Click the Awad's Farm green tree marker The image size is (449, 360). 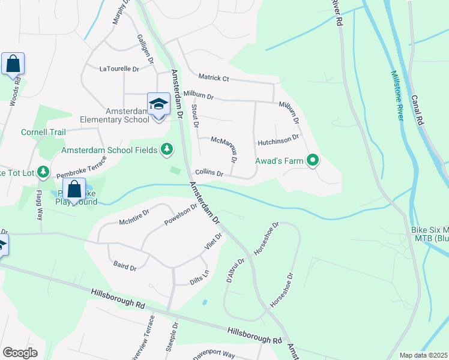pyautogui.click(x=312, y=160)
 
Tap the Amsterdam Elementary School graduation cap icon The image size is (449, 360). pyautogui.click(x=158, y=104)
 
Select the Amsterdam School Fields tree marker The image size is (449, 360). pyautogui.click(x=167, y=149)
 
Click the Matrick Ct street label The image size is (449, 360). pyautogui.click(x=214, y=78)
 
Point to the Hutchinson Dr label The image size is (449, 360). pyautogui.click(x=278, y=139)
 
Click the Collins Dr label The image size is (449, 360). pyautogui.click(x=209, y=173)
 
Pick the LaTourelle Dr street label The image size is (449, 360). pyautogui.click(x=119, y=69)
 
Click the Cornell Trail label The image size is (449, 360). pyautogui.click(x=43, y=132)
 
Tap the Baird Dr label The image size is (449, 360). pyautogui.click(x=125, y=266)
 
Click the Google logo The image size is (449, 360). pyautogui.click(x=20, y=353)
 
